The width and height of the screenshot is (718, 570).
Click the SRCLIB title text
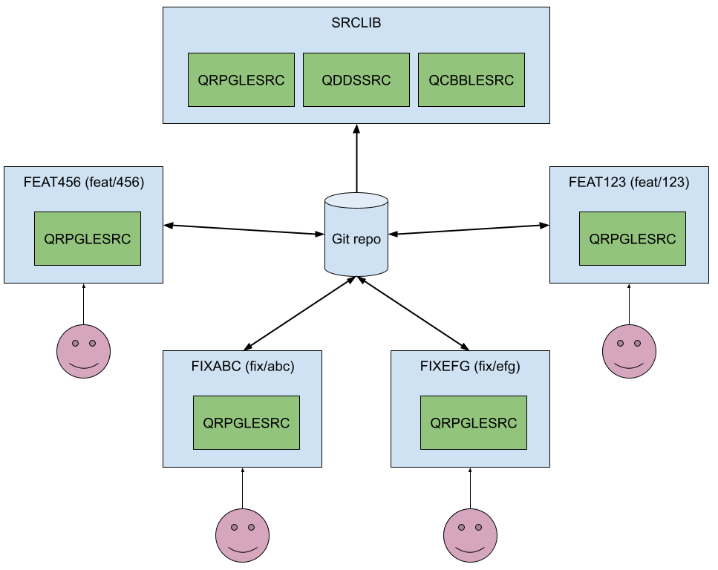[x=356, y=23]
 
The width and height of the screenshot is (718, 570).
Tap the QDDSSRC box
[x=356, y=80]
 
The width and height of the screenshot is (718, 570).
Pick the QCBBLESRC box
[x=471, y=80]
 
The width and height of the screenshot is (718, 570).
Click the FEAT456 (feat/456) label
[x=83, y=182]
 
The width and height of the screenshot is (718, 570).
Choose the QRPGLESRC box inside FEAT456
[x=88, y=239]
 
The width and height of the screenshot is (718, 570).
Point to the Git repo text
[x=356, y=240]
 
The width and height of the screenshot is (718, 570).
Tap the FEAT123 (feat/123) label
[x=629, y=182]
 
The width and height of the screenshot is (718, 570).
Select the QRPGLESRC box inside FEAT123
[x=633, y=239]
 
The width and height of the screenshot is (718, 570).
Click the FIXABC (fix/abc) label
[x=242, y=366]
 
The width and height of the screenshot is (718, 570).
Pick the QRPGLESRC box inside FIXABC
[x=247, y=423]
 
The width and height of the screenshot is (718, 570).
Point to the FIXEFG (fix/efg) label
[x=470, y=366]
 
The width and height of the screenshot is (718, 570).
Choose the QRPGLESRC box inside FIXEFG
[x=474, y=423]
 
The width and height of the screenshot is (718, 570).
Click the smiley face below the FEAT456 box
[x=84, y=351]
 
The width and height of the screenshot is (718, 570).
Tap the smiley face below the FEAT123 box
[x=629, y=351]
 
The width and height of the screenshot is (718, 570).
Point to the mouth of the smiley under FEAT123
[x=629, y=365]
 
